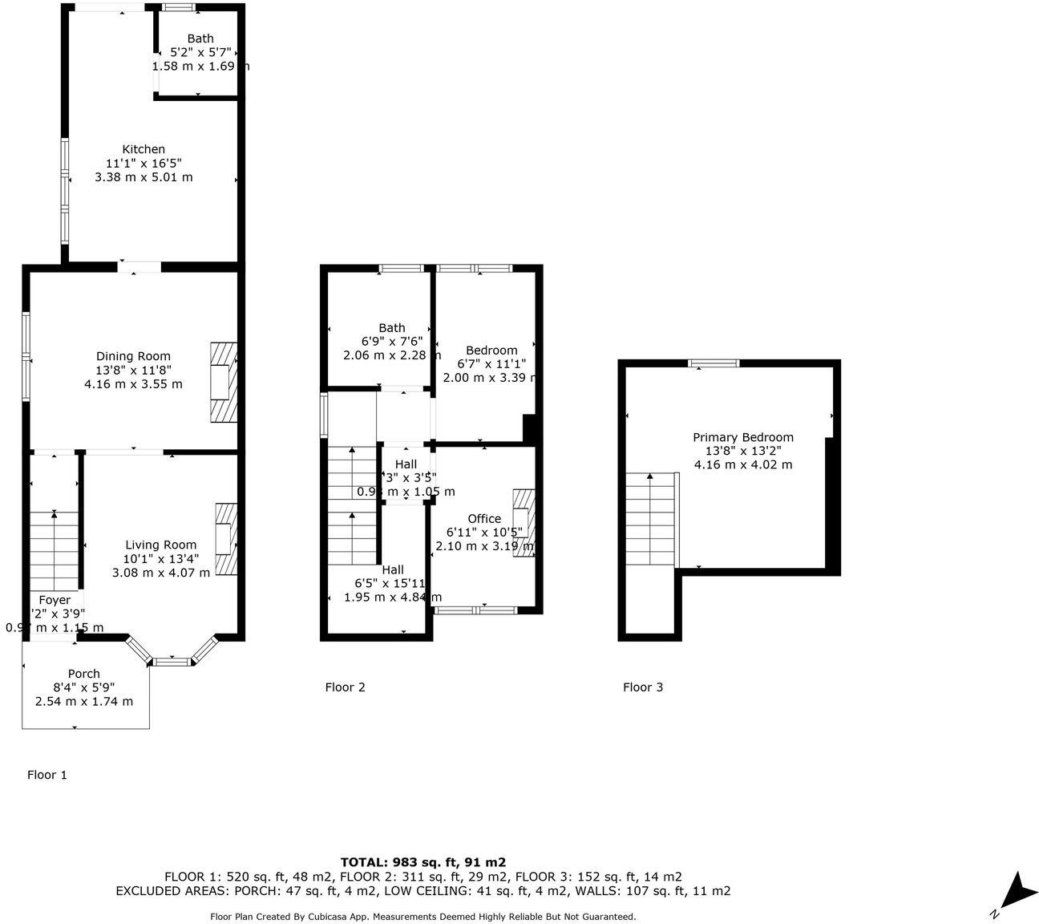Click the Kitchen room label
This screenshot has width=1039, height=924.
(x=144, y=149)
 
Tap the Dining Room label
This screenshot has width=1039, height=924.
(x=133, y=356)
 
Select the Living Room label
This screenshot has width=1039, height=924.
(x=160, y=545)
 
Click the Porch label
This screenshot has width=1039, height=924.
(x=84, y=674)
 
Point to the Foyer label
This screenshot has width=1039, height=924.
(x=55, y=600)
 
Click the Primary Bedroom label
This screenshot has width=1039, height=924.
(x=743, y=437)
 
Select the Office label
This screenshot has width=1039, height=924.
(x=484, y=518)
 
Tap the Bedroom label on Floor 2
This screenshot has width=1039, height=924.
(x=491, y=350)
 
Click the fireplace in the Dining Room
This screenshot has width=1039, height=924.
(x=224, y=383)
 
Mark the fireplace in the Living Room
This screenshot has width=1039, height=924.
(x=226, y=538)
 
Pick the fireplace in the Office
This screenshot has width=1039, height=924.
(x=523, y=522)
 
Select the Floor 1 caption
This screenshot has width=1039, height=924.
(x=47, y=775)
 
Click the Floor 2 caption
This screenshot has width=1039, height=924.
(x=345, y=687)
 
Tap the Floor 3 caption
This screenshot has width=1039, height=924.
(x=643, y=687)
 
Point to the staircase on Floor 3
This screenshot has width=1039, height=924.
(x=650, y=521)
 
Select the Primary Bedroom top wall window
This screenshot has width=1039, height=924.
(x=714, y=363)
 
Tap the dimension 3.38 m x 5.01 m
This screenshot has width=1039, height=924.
(x=144, y=177)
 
